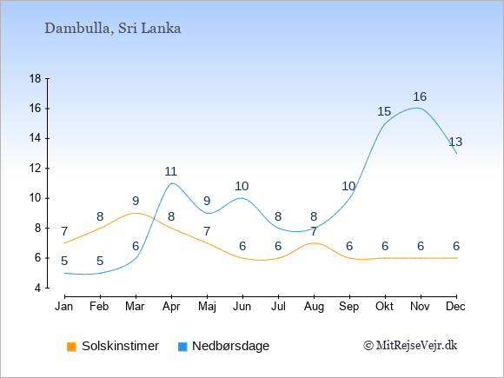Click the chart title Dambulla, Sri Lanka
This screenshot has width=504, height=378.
pos(113,29)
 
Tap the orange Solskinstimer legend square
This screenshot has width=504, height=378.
pos(71,347)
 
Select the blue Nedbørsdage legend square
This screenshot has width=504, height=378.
pos(182,347)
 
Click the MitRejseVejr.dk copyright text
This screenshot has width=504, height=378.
pos(410,346)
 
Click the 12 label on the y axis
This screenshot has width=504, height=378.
pos(36,168)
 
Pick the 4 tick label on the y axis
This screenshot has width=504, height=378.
pos(38,288)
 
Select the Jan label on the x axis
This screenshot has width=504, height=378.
pos(64,307)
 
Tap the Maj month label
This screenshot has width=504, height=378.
pos(207,307)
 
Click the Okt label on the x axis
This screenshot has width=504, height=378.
pos(384,307)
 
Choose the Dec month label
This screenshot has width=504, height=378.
pos(456,307)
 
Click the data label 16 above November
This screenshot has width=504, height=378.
pos(420,96)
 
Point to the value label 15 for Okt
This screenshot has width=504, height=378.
pos(384,111)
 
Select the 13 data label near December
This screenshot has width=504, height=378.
pos(455,142)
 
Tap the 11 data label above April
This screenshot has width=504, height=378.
pos(171,171)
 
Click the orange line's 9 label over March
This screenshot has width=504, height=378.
pos(136,202)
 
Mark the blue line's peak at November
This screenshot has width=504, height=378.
pos(418,108)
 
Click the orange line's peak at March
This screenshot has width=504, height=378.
pos(136,213)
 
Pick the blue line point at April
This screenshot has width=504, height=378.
pos(172,183)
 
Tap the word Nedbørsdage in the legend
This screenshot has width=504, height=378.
pos(230,346)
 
